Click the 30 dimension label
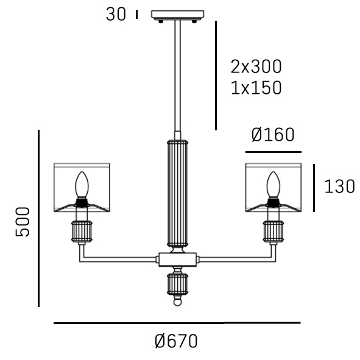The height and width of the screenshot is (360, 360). coord(116,14)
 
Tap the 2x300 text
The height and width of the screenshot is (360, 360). coord(256,66)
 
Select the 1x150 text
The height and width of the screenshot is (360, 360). coord(256,88)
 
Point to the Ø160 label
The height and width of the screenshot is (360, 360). coord(273,135)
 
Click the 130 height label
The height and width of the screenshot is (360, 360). coord(340,186)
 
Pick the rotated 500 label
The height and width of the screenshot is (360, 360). coord(23,222)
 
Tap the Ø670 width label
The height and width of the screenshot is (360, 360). coord(176,341)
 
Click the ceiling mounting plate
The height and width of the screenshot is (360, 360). coord(177,15)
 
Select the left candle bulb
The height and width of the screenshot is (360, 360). coord(82,185)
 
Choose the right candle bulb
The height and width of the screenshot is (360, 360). coord(274,185)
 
